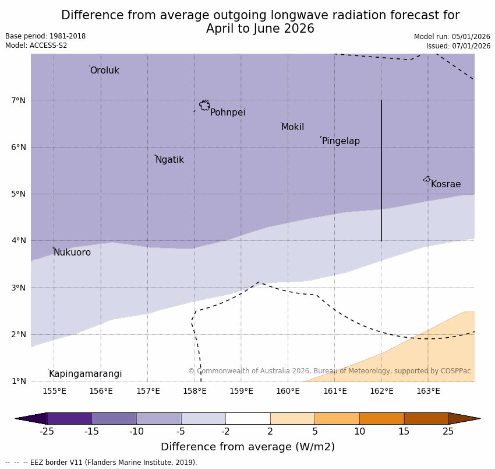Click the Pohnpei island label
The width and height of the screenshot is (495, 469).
click(x=228, y=113)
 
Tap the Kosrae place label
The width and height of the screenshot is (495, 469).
click(x=446, y=184)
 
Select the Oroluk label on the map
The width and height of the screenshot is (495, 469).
click(x=105, y=71)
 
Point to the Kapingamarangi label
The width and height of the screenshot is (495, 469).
click(x=86, y=374)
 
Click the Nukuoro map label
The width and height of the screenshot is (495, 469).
click(x=72, y=253)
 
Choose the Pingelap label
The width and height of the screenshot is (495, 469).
click(x=341, y=141)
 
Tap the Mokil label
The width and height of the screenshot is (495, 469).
click(x=292, y=127)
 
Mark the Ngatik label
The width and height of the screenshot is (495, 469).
click(x=169, y=160)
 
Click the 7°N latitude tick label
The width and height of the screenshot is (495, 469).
click(x=19, y=100)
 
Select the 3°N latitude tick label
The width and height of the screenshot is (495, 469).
click(x=19, y=288)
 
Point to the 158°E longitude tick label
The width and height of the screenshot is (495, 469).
click(x=195, y=391)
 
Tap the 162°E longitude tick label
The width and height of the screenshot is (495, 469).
click(x=381, y=391)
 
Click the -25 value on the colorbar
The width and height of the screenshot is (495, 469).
click(x=47, y=432)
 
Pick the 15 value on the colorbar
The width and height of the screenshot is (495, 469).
click(x=404, y=432)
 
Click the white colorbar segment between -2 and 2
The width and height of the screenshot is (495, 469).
click(x=248, y=418)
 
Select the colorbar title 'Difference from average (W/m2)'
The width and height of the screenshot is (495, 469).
click(x=248, y=447)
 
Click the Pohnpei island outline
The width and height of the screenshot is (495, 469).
click(x=204, y=106)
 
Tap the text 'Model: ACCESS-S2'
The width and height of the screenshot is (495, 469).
click(x=36, y=45)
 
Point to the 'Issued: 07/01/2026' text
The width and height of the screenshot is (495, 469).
click(x=458, y=46)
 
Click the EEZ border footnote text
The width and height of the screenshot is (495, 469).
click(x=101, y=463)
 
